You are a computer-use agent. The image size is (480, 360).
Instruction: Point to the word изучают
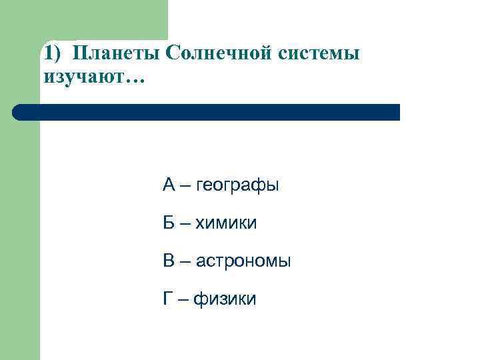pos(83,77)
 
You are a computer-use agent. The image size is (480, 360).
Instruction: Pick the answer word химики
pos(227,223)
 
